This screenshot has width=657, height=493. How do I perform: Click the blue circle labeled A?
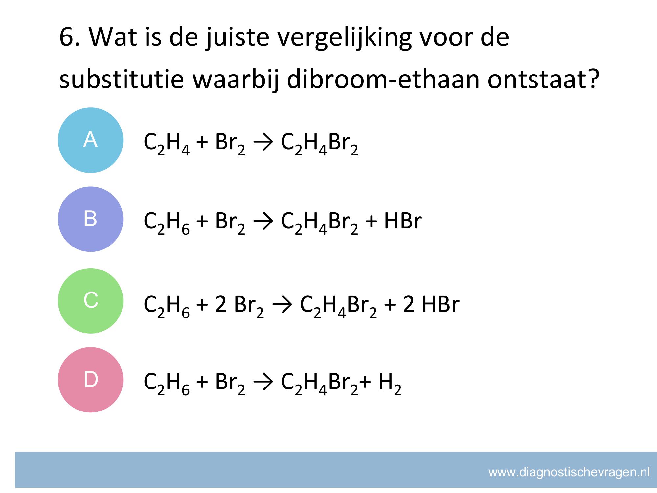(x=91, y=140)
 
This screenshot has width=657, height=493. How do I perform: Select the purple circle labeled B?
(x=91, y=219)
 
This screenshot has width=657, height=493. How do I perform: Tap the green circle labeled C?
(x=91, y=301)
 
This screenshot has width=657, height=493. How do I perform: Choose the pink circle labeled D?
(x=91, y=380)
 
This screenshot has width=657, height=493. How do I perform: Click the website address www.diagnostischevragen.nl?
(x=569, y=472)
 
